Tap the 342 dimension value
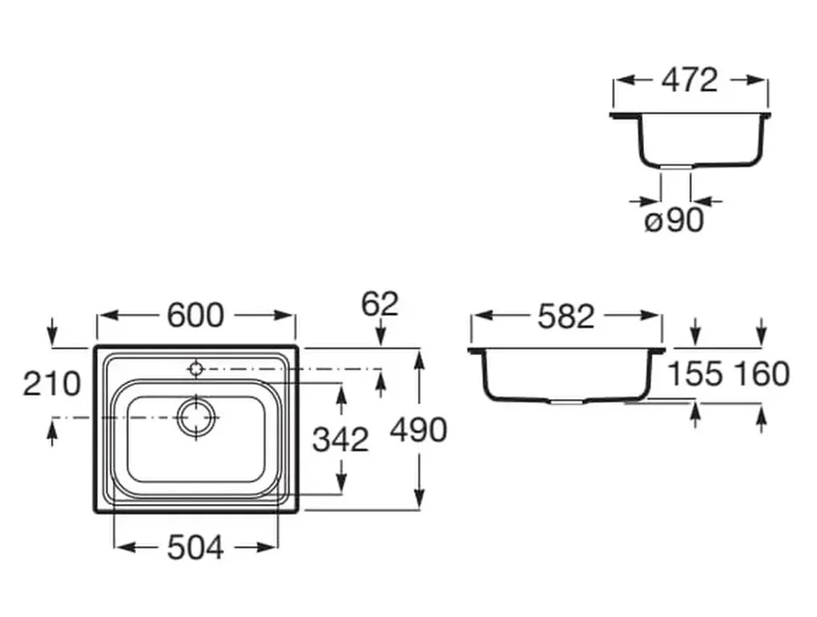(340, 439)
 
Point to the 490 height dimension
(417, 430)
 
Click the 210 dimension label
(51, 384)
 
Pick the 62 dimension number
(380, 304)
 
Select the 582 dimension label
(565, 317)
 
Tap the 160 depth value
(761, 373)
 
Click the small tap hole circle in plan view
(195, 369)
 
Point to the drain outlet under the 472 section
(675, 166)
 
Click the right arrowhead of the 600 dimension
(289, 316)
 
